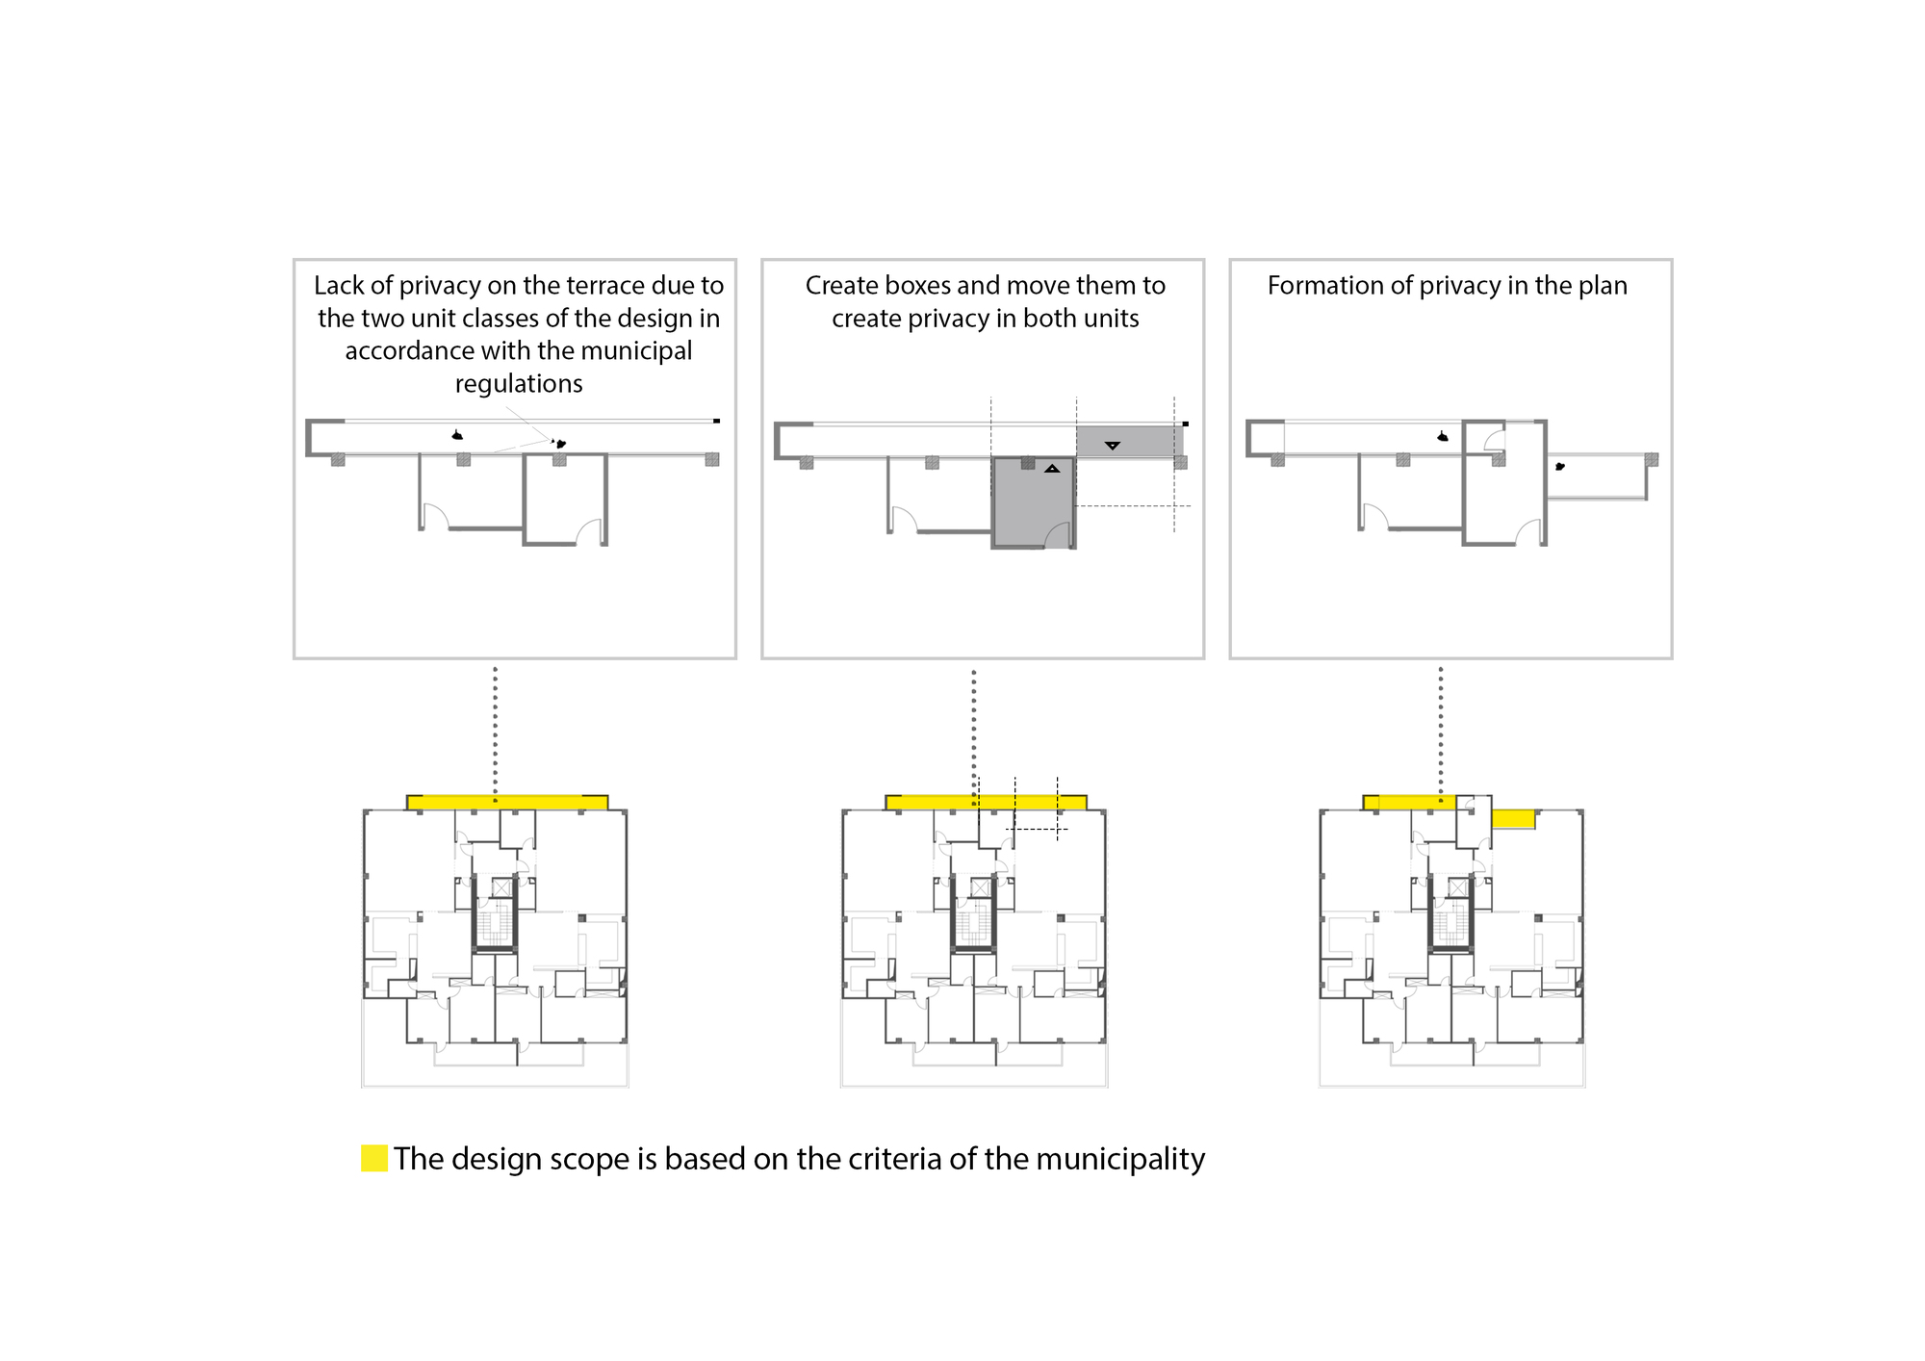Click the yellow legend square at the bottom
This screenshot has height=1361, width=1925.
coord(374,1158)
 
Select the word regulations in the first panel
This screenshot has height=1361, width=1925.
coord(519,384)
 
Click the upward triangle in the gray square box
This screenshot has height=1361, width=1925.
coord(1052,469)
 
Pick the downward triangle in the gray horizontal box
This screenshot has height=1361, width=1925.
coord(1113,446)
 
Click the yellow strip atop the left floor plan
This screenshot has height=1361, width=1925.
coord(507,802)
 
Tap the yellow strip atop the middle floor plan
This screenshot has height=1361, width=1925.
coord(986,802)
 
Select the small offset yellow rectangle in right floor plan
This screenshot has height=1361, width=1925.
coord(1513,819)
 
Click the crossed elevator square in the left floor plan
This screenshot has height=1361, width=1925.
coord(501,887)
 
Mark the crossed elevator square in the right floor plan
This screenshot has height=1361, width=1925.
coord(1457,887)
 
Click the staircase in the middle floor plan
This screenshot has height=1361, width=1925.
coord(974,925)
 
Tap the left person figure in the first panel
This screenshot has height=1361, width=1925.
coord(457,436)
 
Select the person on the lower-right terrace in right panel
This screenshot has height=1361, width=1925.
coord(1560,467)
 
